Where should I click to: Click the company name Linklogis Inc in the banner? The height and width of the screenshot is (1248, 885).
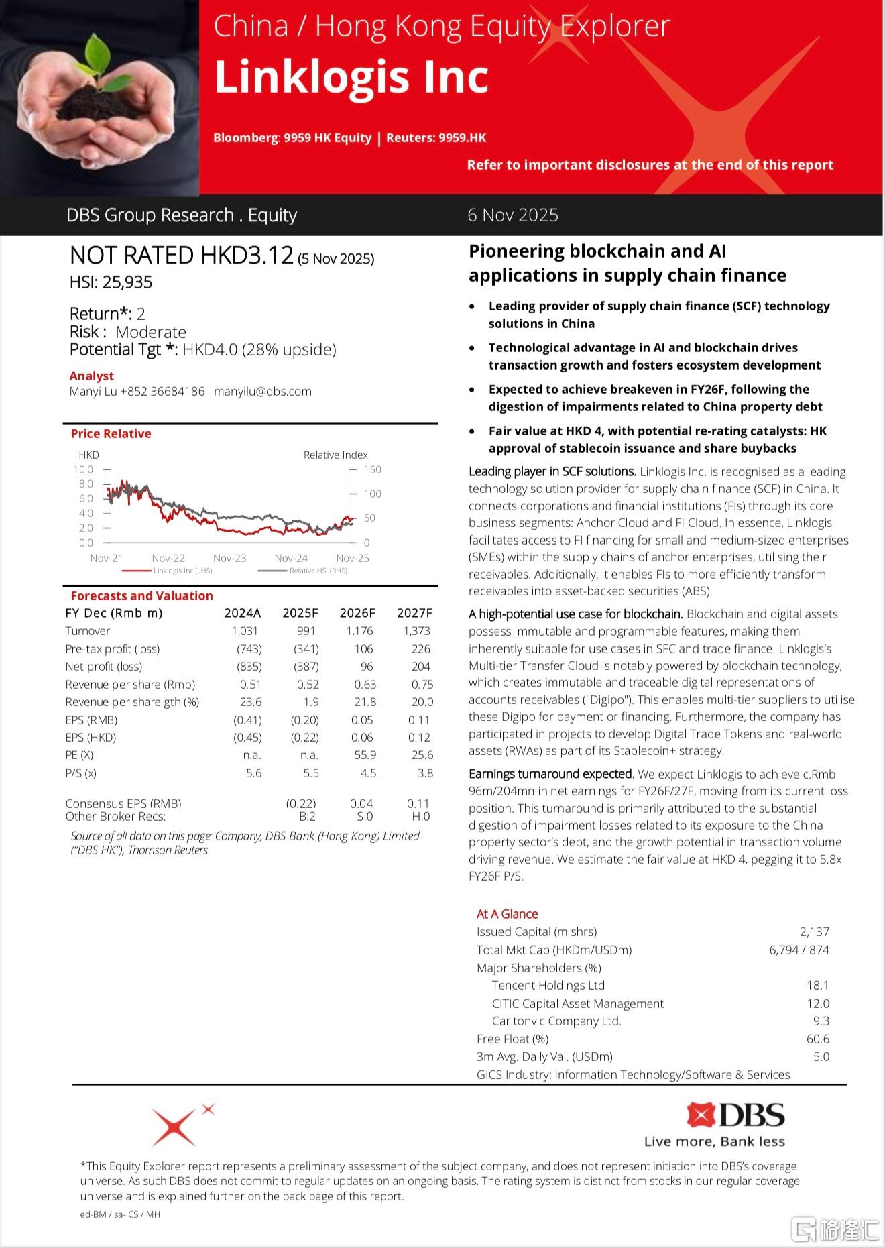tap(351, 78)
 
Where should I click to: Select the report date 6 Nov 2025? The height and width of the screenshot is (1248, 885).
tap(513, 215)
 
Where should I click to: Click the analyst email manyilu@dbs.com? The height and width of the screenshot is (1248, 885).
tap(263, 392)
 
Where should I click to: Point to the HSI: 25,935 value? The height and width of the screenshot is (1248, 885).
tap(111, 282)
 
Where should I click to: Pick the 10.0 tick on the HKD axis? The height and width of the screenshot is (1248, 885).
tap(83, 469)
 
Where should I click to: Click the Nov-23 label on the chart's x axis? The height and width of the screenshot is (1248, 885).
tap(230, 558)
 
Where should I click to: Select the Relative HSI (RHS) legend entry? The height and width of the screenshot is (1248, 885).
tap(318, 571)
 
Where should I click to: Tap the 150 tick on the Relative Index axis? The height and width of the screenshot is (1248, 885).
tap(373, 469)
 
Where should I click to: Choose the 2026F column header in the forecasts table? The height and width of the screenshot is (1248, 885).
tap(357, 613)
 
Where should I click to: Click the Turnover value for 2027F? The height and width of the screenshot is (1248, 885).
tap(417, 631)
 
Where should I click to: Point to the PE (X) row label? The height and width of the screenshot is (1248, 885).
tap(79, 755)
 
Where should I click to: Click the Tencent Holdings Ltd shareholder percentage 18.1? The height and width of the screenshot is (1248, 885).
tap(817, 986)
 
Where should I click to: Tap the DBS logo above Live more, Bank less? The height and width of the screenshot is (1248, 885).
tap(735, 1115)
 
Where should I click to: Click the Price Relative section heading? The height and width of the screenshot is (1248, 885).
tap(111, 434)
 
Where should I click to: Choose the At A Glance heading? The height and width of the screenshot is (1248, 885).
tap(507, 914)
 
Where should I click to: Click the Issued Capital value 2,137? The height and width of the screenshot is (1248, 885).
tap(814, 932)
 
